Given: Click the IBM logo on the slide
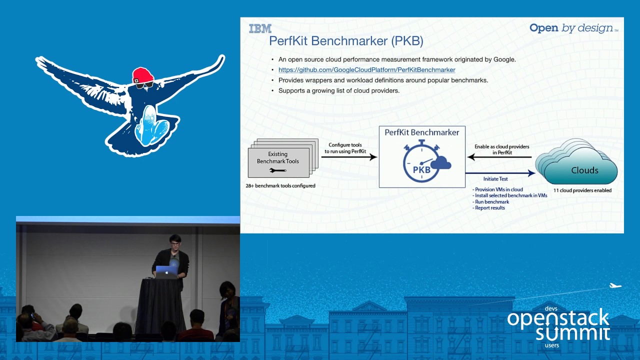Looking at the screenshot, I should point(260,28).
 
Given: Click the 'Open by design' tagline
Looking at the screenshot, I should point(573,28).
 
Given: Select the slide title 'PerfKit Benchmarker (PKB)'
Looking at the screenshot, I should point(346,41).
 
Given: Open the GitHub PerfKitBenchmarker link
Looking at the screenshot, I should point(366,70).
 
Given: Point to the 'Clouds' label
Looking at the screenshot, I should point(584,170).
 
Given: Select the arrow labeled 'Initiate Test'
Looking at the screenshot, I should point(500,173).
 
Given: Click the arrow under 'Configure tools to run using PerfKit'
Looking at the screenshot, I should point(348,157).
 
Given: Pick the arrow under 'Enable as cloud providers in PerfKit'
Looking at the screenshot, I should point(499,157).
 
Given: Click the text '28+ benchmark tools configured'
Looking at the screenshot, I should point(280,186).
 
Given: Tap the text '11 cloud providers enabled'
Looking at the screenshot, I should point(582,190).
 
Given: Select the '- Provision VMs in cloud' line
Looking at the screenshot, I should point(497,190).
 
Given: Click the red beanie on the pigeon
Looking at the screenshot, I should point(142,75).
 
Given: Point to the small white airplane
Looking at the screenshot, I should point(615,286).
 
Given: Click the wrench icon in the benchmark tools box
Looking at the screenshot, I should point(277,170).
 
